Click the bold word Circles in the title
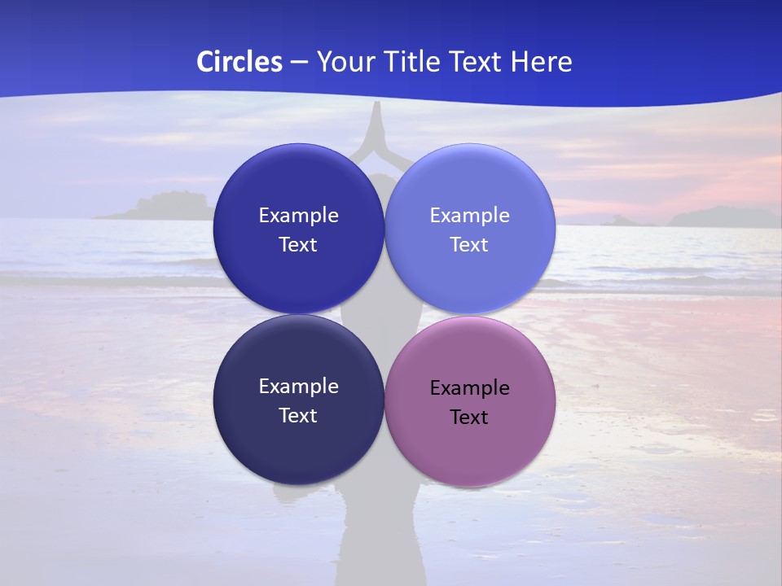(239, 62)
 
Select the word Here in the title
(542, 62)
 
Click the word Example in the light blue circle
(470, 215)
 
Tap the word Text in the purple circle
(469, 417)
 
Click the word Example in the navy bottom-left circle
(298, 386)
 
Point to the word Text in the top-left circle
(298, 244)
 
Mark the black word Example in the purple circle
(470, 387)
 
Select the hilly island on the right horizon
(721, 216)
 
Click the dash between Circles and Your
(298, 62)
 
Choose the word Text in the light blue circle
(469, 244)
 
